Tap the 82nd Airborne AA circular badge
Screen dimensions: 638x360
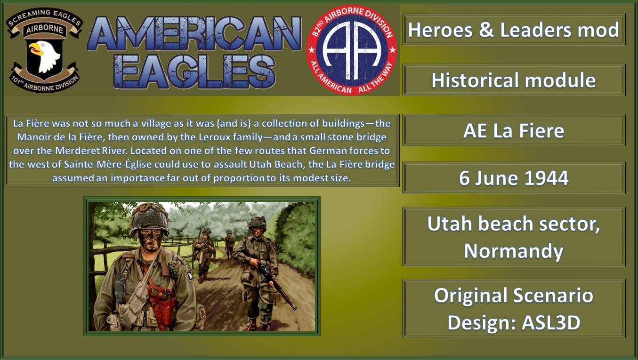click(x=351, y=51)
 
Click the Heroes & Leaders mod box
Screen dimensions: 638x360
click(x=514, y=30)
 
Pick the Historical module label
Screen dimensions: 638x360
click(x=514, y=80)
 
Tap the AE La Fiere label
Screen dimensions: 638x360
click(x=514, y=131)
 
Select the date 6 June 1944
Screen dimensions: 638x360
click(x=514, y=178)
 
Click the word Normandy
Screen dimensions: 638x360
click(x=514, y=251)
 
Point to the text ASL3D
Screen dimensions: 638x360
click(x=551, y=322)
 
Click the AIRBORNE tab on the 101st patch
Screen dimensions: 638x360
click(x=45, y=29)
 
